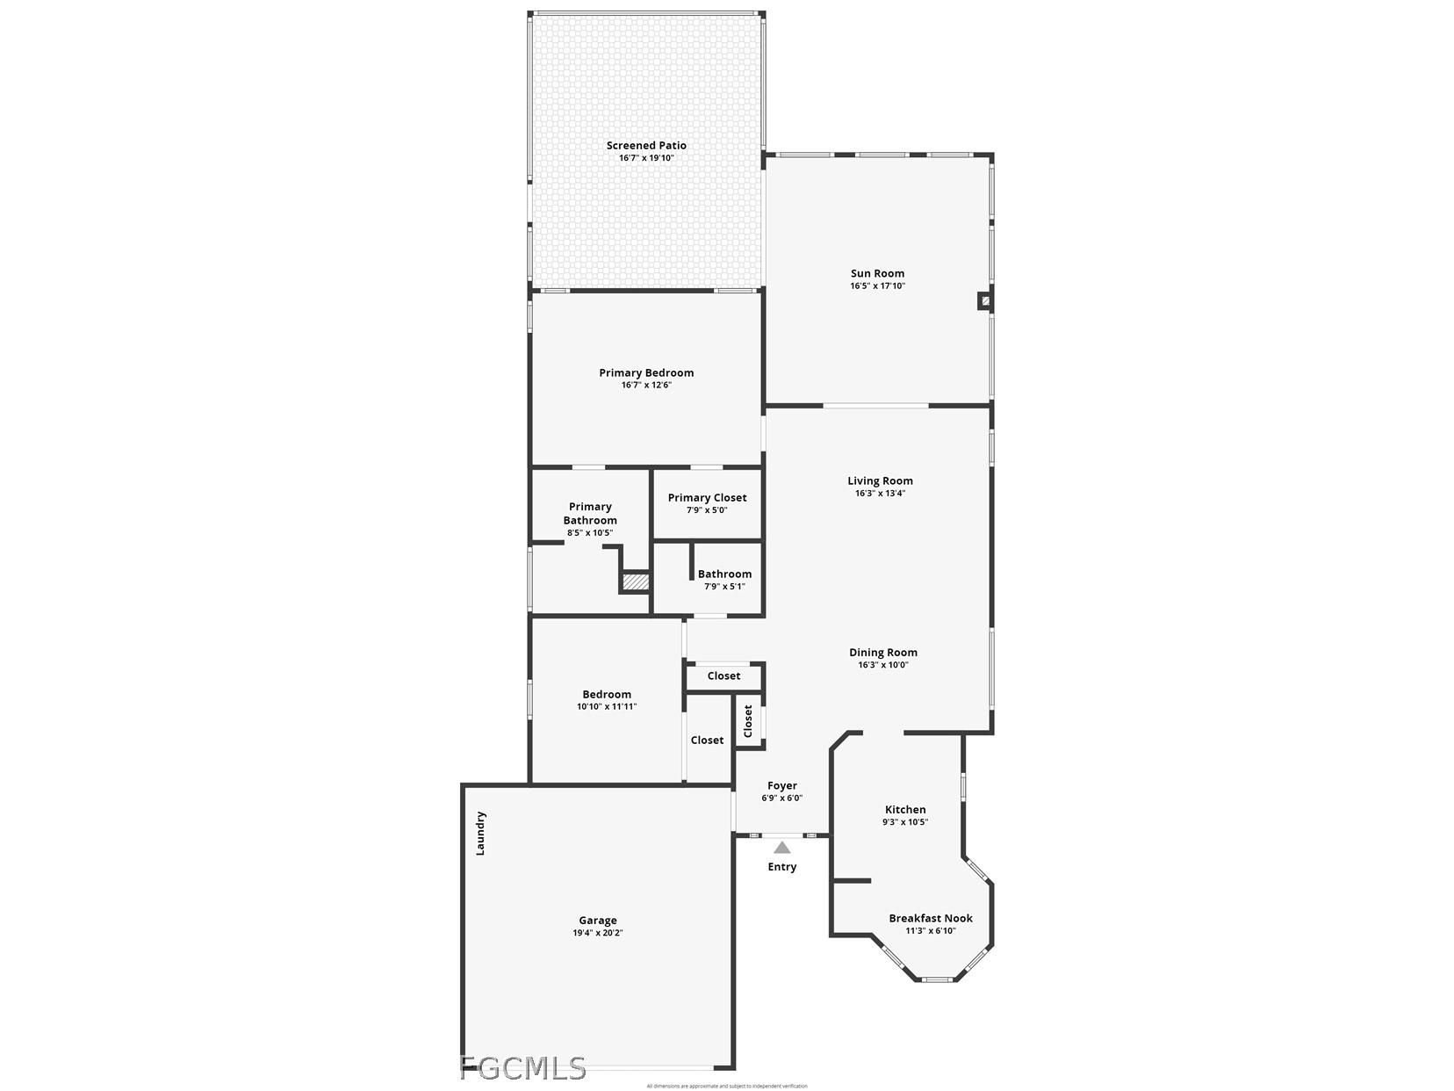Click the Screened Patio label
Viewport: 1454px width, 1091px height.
(x=646, y=146)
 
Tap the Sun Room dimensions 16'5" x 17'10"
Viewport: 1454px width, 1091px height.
(x=877, y=286)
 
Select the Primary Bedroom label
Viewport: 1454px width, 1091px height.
(x=646, y=372)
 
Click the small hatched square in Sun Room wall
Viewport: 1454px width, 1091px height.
(x=985, y=301)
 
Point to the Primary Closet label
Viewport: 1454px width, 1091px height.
(x=707, y=498)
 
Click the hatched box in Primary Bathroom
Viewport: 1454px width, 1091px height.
(x=635, y=582)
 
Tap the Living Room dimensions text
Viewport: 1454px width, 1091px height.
(x=880, y=494)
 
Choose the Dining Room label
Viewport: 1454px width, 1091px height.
(x=882, y=653)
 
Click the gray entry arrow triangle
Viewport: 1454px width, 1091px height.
(x=781, y=848)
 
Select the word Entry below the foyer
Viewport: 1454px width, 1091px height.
(x=781, y=867)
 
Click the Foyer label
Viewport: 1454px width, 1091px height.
(x=781, y=786)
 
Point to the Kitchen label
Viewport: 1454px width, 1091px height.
(x=904, y=810)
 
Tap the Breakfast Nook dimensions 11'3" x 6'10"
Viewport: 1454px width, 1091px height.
(x=931, y=931)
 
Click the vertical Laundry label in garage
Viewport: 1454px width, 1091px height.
(x=480, y=833)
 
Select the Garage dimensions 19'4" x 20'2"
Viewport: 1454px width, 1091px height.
(x=597, y=934)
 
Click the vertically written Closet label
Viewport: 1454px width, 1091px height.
(x=748, y=721)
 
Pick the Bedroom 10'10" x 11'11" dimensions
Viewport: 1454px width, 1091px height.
(x=606, y=707)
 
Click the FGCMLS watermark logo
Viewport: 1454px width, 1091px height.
(x=522, y=1068)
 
